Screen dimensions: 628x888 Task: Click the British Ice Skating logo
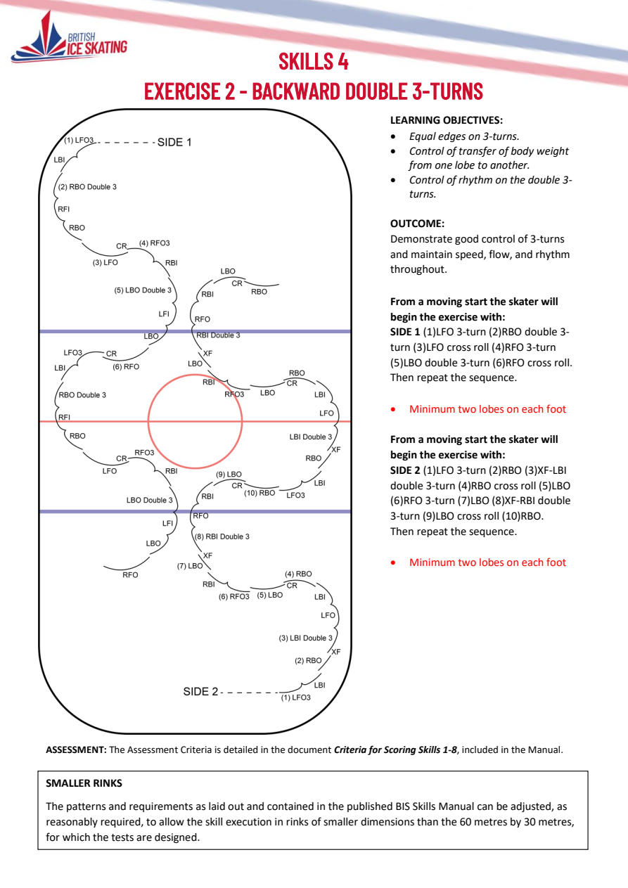[70, 38]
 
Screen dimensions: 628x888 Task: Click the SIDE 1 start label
[174, 142]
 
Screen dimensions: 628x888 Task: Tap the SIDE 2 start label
[200, 692]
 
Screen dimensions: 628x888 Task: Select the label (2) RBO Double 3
[87, 187]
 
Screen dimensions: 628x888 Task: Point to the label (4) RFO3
[154, 243]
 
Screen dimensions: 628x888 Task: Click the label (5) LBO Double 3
[143, 290]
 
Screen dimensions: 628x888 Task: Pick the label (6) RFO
[126, 367]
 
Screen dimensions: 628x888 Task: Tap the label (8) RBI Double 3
[222, 536]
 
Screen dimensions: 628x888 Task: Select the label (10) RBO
[259, 493]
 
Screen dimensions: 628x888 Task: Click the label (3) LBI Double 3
[305, 638]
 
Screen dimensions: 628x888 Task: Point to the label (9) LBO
[229, 474]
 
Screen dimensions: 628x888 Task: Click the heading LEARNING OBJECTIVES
[447, 120]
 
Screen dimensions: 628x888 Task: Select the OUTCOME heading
[417, 224]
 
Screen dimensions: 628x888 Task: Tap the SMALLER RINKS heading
[84, 783]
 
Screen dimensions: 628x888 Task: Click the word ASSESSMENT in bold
[76, 749]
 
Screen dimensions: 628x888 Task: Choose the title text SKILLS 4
[314, 61]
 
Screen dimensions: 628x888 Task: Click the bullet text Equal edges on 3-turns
[464, 136]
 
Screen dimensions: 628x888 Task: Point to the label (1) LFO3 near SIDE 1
[79, 140]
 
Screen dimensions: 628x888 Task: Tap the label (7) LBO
[190, 566]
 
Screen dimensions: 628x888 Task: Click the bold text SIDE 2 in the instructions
[405, 470]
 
